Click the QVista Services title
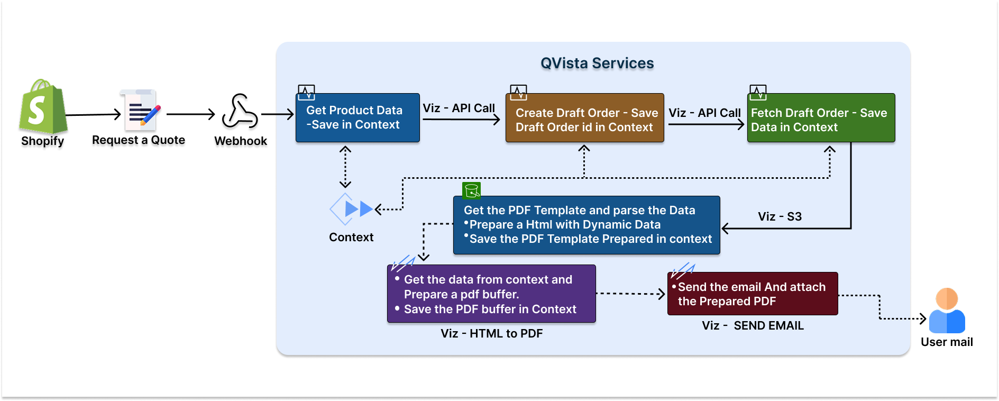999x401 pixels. [x=597, y=63]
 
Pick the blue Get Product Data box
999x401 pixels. [x=358, y=118]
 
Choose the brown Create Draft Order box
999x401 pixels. [x=584, y=119]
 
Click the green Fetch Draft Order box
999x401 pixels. [x=821, y=119]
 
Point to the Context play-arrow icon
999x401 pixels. [x=351, y=209]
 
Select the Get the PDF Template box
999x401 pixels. [x=586, y=225]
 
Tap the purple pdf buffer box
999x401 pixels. [x=491, y=294]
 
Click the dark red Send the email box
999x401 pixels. [x=753, y=294]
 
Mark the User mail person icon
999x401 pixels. [x=947, y=311]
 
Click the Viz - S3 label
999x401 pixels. [x=780, y=216]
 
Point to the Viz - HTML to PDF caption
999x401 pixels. [x=492, y=334]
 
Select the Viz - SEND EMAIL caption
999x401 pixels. [x=753, y=326]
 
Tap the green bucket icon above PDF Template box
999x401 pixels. [x=471, y=190]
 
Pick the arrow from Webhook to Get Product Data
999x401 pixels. [x=278, y=114]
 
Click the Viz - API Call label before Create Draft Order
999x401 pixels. [x=459, y=108]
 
